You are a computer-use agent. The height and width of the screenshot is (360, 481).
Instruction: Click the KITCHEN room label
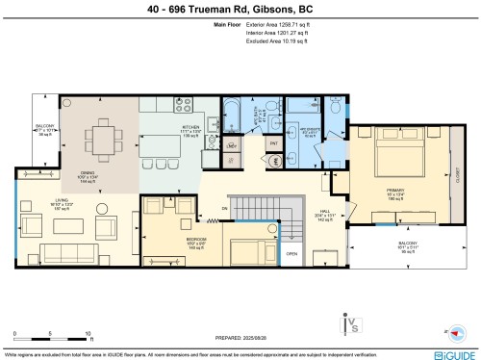click(x=191, y=127)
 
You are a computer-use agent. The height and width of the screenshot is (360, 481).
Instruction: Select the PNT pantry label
click(x=273, y=143)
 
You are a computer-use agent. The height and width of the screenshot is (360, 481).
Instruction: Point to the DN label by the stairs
click(x=224, y=207)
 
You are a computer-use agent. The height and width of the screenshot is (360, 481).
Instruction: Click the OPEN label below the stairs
click(x=291, y=255)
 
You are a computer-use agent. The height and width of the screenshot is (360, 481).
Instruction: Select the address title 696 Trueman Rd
click(x=240, y=10)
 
